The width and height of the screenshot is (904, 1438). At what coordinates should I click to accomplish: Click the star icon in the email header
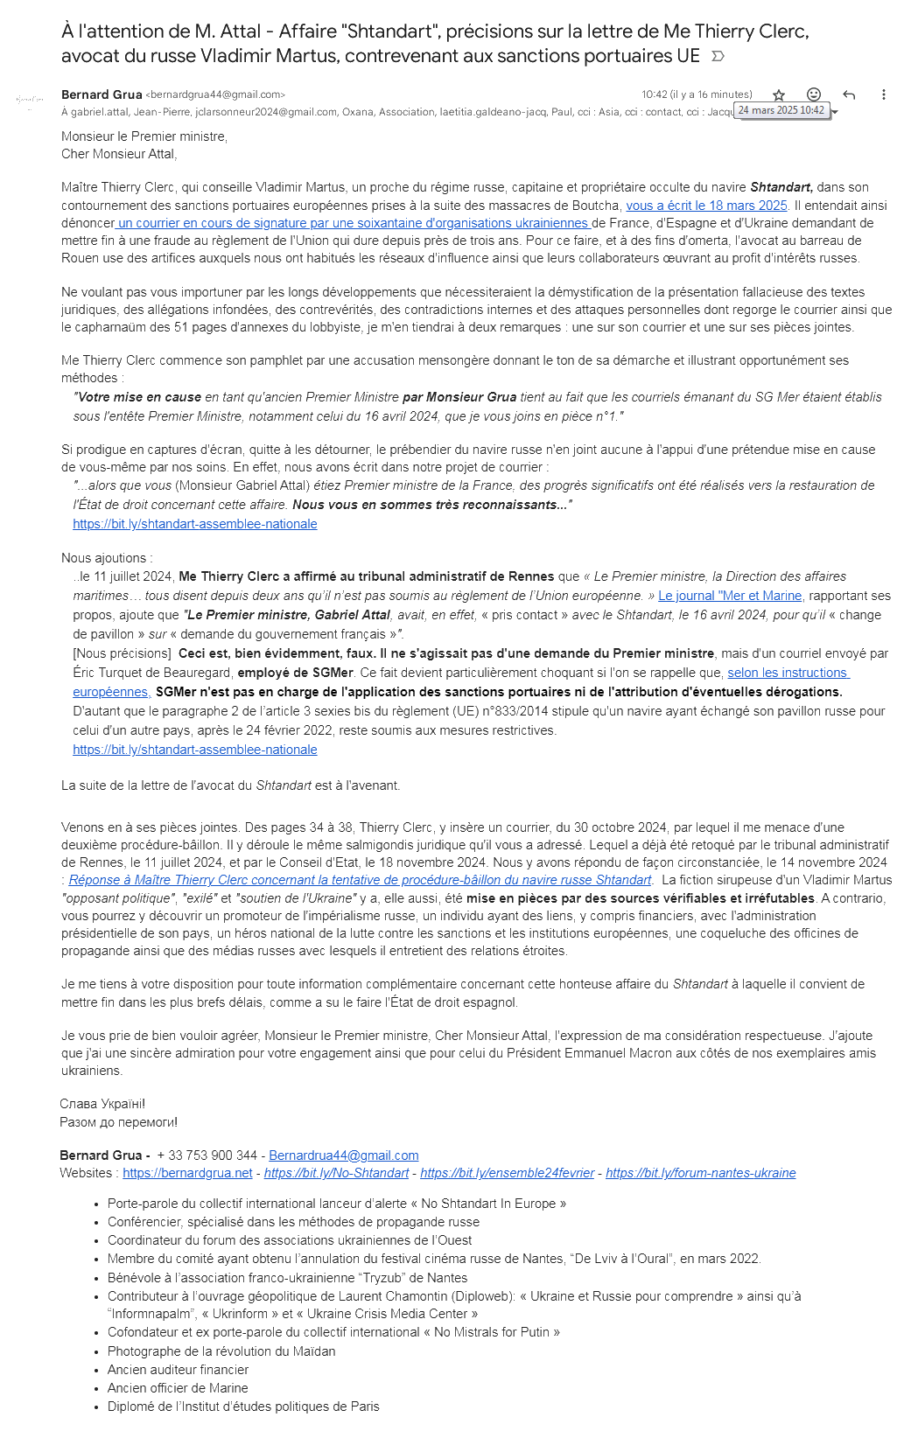779,94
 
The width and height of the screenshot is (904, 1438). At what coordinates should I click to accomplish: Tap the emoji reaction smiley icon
814,94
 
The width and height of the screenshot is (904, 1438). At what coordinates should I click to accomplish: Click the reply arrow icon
849,94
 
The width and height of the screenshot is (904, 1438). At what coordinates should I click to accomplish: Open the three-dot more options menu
884,94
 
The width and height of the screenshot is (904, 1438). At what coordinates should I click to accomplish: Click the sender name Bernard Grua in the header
102,94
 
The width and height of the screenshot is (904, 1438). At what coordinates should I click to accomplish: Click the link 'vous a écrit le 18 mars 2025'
706,206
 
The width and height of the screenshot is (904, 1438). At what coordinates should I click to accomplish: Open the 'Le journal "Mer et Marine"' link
730,596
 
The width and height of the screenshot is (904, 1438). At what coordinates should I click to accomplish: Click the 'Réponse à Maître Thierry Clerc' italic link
360,880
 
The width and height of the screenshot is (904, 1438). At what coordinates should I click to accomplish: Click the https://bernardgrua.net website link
187,1173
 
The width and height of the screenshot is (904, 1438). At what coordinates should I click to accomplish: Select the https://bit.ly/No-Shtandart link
336,1173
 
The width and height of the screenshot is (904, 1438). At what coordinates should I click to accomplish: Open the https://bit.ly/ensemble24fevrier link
507,1173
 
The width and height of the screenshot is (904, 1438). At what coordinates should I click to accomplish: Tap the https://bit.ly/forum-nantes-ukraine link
700,1173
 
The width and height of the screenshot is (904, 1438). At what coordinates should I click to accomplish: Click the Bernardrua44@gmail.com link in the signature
343,1155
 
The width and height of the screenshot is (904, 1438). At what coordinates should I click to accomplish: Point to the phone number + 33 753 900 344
207,1155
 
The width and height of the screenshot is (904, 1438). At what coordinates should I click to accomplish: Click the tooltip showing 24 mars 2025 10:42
781,110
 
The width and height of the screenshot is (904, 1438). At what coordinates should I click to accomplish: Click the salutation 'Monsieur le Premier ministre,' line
144,136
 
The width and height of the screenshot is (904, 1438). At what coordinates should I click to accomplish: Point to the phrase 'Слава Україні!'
102,1104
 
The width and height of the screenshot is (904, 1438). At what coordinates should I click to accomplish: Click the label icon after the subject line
718,57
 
